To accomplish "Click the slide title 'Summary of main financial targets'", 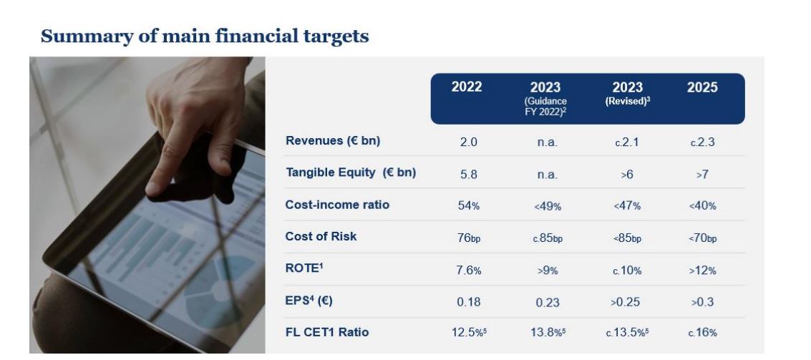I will click(205, 36).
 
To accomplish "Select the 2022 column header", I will click(467, 87).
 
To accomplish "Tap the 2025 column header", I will click(701, 87).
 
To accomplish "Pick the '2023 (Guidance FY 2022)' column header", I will click(545, 99).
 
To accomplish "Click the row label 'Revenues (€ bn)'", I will click(332, 140).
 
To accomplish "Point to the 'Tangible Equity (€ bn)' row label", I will click(351, 172).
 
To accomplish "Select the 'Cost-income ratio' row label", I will click(337, 205).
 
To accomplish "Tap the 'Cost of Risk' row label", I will click(320, 237).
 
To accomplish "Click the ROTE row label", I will click(302, 269).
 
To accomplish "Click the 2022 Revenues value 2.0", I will click(468, 142).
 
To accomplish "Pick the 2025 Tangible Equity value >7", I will click(701, 174).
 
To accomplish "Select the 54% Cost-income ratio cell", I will click(468, 206).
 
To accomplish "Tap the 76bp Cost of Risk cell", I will click(468, 238).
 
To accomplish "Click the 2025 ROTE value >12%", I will click(701, 271).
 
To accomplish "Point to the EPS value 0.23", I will click(547, 303).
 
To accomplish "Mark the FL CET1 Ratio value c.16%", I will click(701, 333).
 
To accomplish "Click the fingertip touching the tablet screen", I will click(155, 188).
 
